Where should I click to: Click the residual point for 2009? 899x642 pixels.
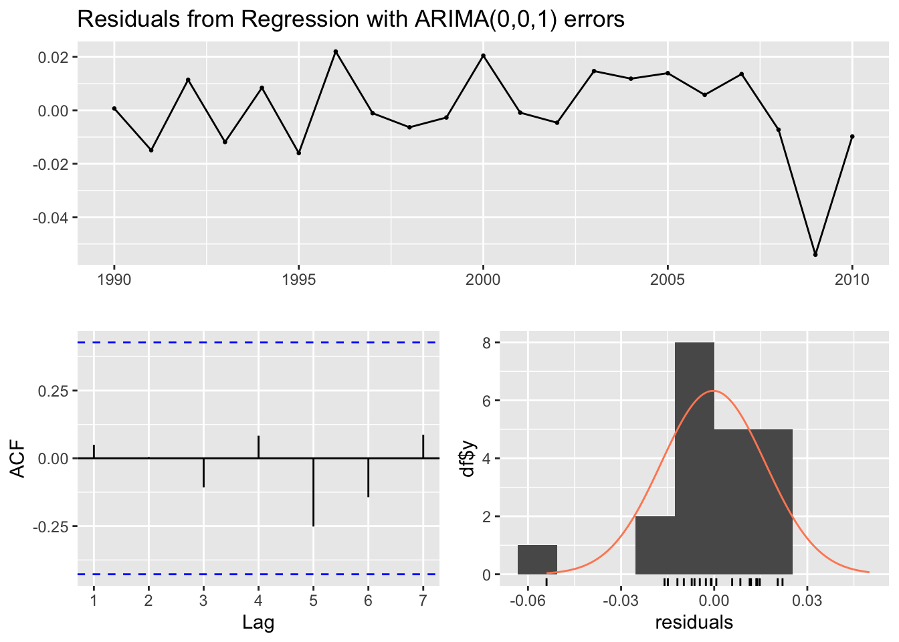pyautogui.click(x=815, y=255)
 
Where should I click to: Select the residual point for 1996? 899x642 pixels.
pyautogui.click(x=336, y=51)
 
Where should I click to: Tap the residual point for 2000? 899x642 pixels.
pyautogui.click(x=483, y=56)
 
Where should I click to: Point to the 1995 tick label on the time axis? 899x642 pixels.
pyautogui.click(x=298, y=280)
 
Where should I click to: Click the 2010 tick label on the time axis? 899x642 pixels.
pyautogui.click(x=852, y=280)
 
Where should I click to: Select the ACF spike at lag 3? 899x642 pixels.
pyautogui.click(x=203, y=473)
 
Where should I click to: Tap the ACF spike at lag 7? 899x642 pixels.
pyautogui.click(x=423, y=447)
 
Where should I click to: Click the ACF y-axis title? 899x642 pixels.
pyautogui.click(x=19, y=459)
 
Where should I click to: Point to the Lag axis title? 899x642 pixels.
pyautogui.click(x=258, y=623)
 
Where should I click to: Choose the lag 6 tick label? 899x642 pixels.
pyautogui.click(x=368, y=600)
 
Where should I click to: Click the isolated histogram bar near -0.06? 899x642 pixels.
pyautogui.click(x=537, y=560)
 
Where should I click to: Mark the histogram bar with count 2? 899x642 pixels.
pyautogui.click(x=655, y=545)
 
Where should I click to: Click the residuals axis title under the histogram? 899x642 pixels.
pyautogui.click(x=694, y=623)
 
